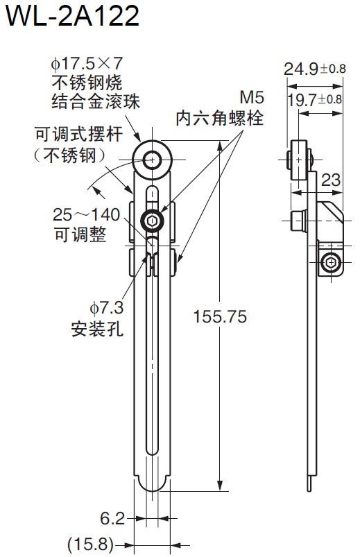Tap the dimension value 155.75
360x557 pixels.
pos(220,316)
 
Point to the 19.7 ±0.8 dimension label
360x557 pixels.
pos(314,99)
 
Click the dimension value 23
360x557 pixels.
pos(331,180)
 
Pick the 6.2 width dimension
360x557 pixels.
pos(112,518)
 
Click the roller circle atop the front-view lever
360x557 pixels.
pos(151,161)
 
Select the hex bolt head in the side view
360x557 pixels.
pos(332,262)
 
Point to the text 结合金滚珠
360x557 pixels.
pos(96,102)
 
